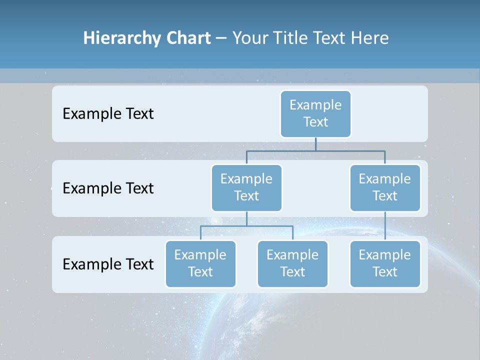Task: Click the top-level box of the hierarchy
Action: click(x=315, y=114)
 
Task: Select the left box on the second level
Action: click(x=246, y=188)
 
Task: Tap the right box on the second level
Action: click(x=385, y=188)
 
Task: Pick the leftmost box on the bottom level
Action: click(x=200, y=264)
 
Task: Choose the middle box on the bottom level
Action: click(x=292, y=264)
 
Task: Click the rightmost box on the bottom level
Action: click(x=385, y=264)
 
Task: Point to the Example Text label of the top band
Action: click(x=108, y=114)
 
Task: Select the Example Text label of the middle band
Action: click(x=108, y=188)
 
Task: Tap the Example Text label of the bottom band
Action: click(x=108, y=264)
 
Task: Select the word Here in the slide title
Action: click(x=369, y=38)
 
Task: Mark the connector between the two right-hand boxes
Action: click(x=385, y=226)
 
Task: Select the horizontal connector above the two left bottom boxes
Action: click(x=246, y=226)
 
